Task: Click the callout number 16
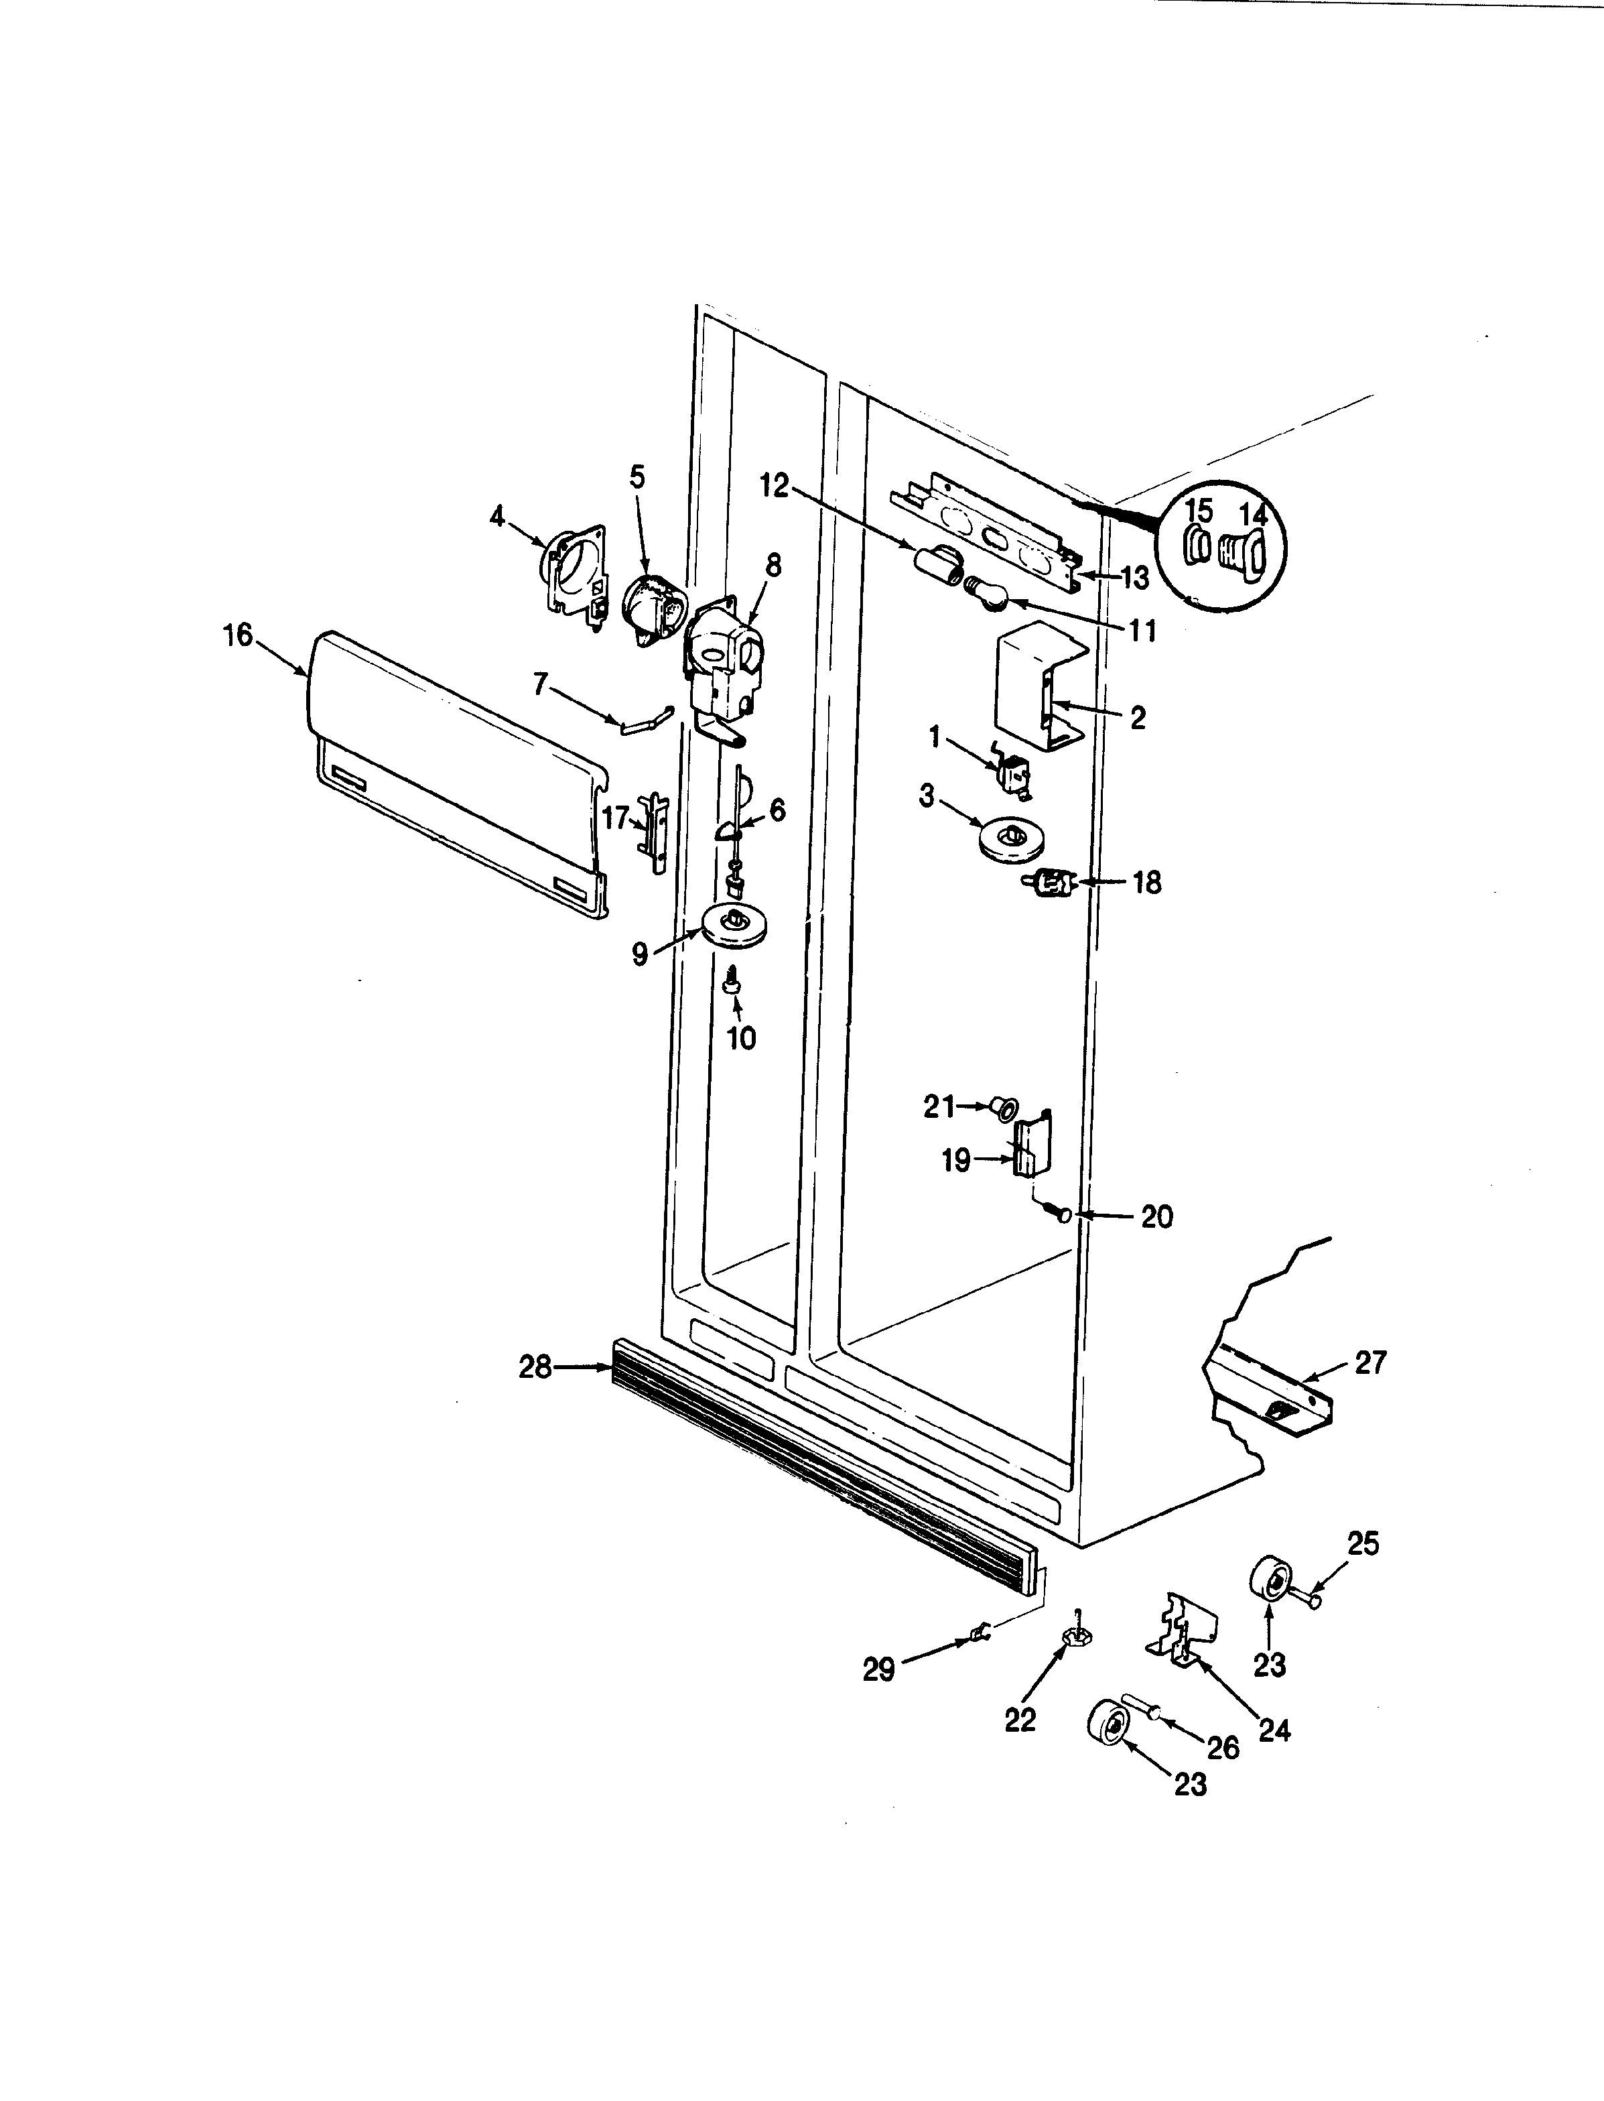238,635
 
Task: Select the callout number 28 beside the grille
535,1368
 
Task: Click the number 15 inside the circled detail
1198,511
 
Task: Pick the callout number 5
637,476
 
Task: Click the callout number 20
1156,1218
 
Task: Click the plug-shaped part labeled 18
1051,883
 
